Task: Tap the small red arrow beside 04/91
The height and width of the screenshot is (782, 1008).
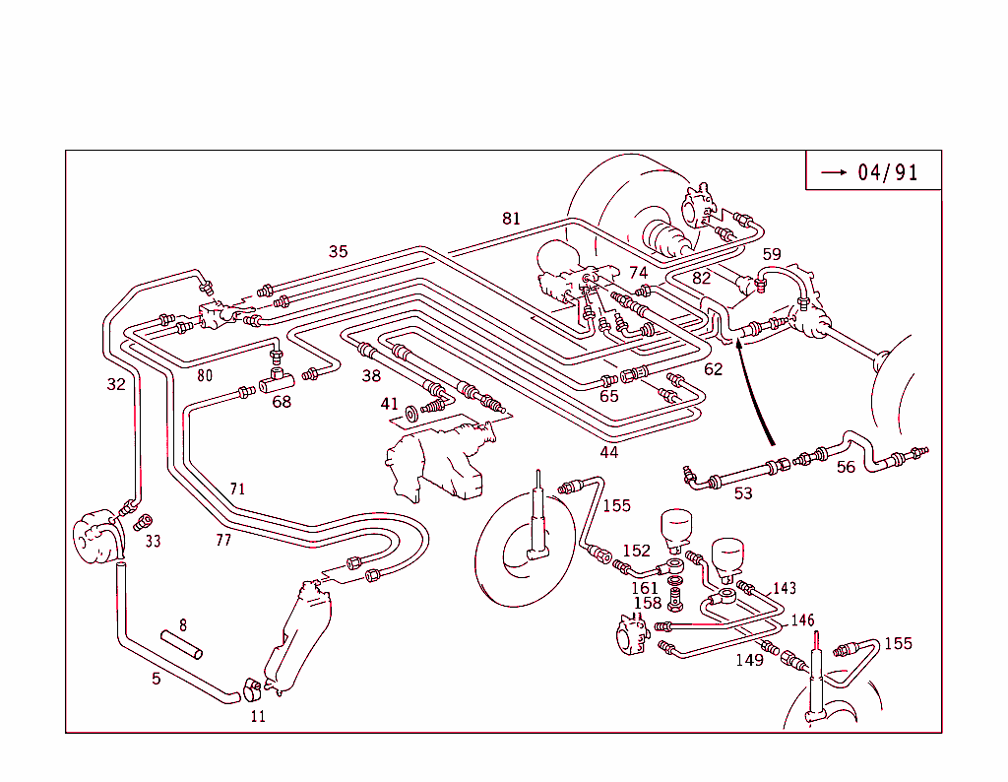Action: tap(835, 172)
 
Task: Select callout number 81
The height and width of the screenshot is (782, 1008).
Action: tap(511, 219)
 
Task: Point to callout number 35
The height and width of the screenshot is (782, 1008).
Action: tap(338, 252)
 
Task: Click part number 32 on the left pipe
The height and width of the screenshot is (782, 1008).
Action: tap(116, 384)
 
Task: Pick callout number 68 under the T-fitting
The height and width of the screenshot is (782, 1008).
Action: tap(282, 402)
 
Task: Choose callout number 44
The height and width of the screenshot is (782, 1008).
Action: tap(609, 452)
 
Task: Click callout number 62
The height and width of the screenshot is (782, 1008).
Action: tap(714, 370)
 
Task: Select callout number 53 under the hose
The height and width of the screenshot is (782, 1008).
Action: tap(743, 492)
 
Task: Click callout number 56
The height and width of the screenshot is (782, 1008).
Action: tap(846, 468)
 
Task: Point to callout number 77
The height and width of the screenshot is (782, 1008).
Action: tap(223, 540)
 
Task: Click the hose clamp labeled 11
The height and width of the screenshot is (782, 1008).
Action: tap(250, 685)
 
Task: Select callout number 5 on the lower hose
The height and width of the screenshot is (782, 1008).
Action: tap(156, 678)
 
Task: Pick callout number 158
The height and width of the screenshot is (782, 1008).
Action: tap(647, 604)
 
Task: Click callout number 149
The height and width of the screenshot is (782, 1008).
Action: tap(749, 660)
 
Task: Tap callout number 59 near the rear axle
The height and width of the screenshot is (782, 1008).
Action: tap(771, 254)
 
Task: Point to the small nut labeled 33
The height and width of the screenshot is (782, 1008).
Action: tap(144, 522)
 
